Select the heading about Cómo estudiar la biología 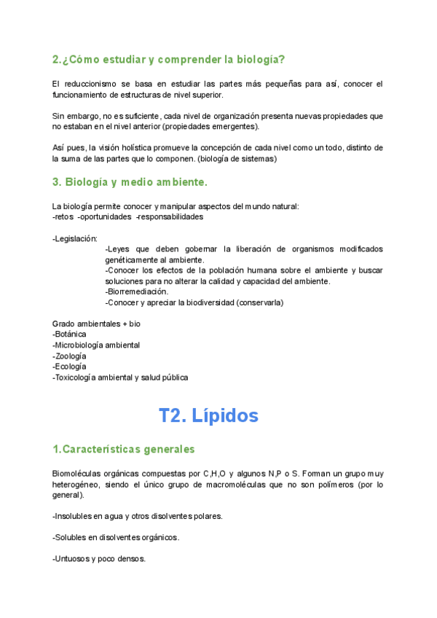coord(169,59)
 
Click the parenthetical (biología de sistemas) coord(236,157)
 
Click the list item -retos coord(63,216)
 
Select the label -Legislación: coord(75,238)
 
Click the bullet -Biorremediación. coord(137,292)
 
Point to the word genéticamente coord(135,259)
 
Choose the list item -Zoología coord(69,356)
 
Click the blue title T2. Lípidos coord(208,415)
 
